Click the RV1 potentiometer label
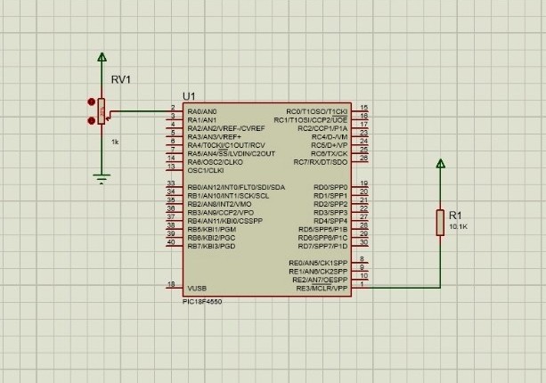click(x=120, y=79)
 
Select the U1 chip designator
click(x=188, y=96)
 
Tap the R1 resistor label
click(x=455, y=216)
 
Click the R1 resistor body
click(x=440, y=223)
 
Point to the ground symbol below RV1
click(x=102, y=178)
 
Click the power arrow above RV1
click(x=102, y=58)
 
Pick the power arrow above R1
click(x=440, y=163)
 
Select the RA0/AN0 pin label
click(x=202, y=110)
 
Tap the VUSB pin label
click(x=197, y=288)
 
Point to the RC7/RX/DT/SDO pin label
click(x=321, y=161)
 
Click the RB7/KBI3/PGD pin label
click(x=212, y=246)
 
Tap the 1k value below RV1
click(x=115, y=142)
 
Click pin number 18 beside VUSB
click(x=171, y=285)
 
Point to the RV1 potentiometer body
click(x=102, y=112)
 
